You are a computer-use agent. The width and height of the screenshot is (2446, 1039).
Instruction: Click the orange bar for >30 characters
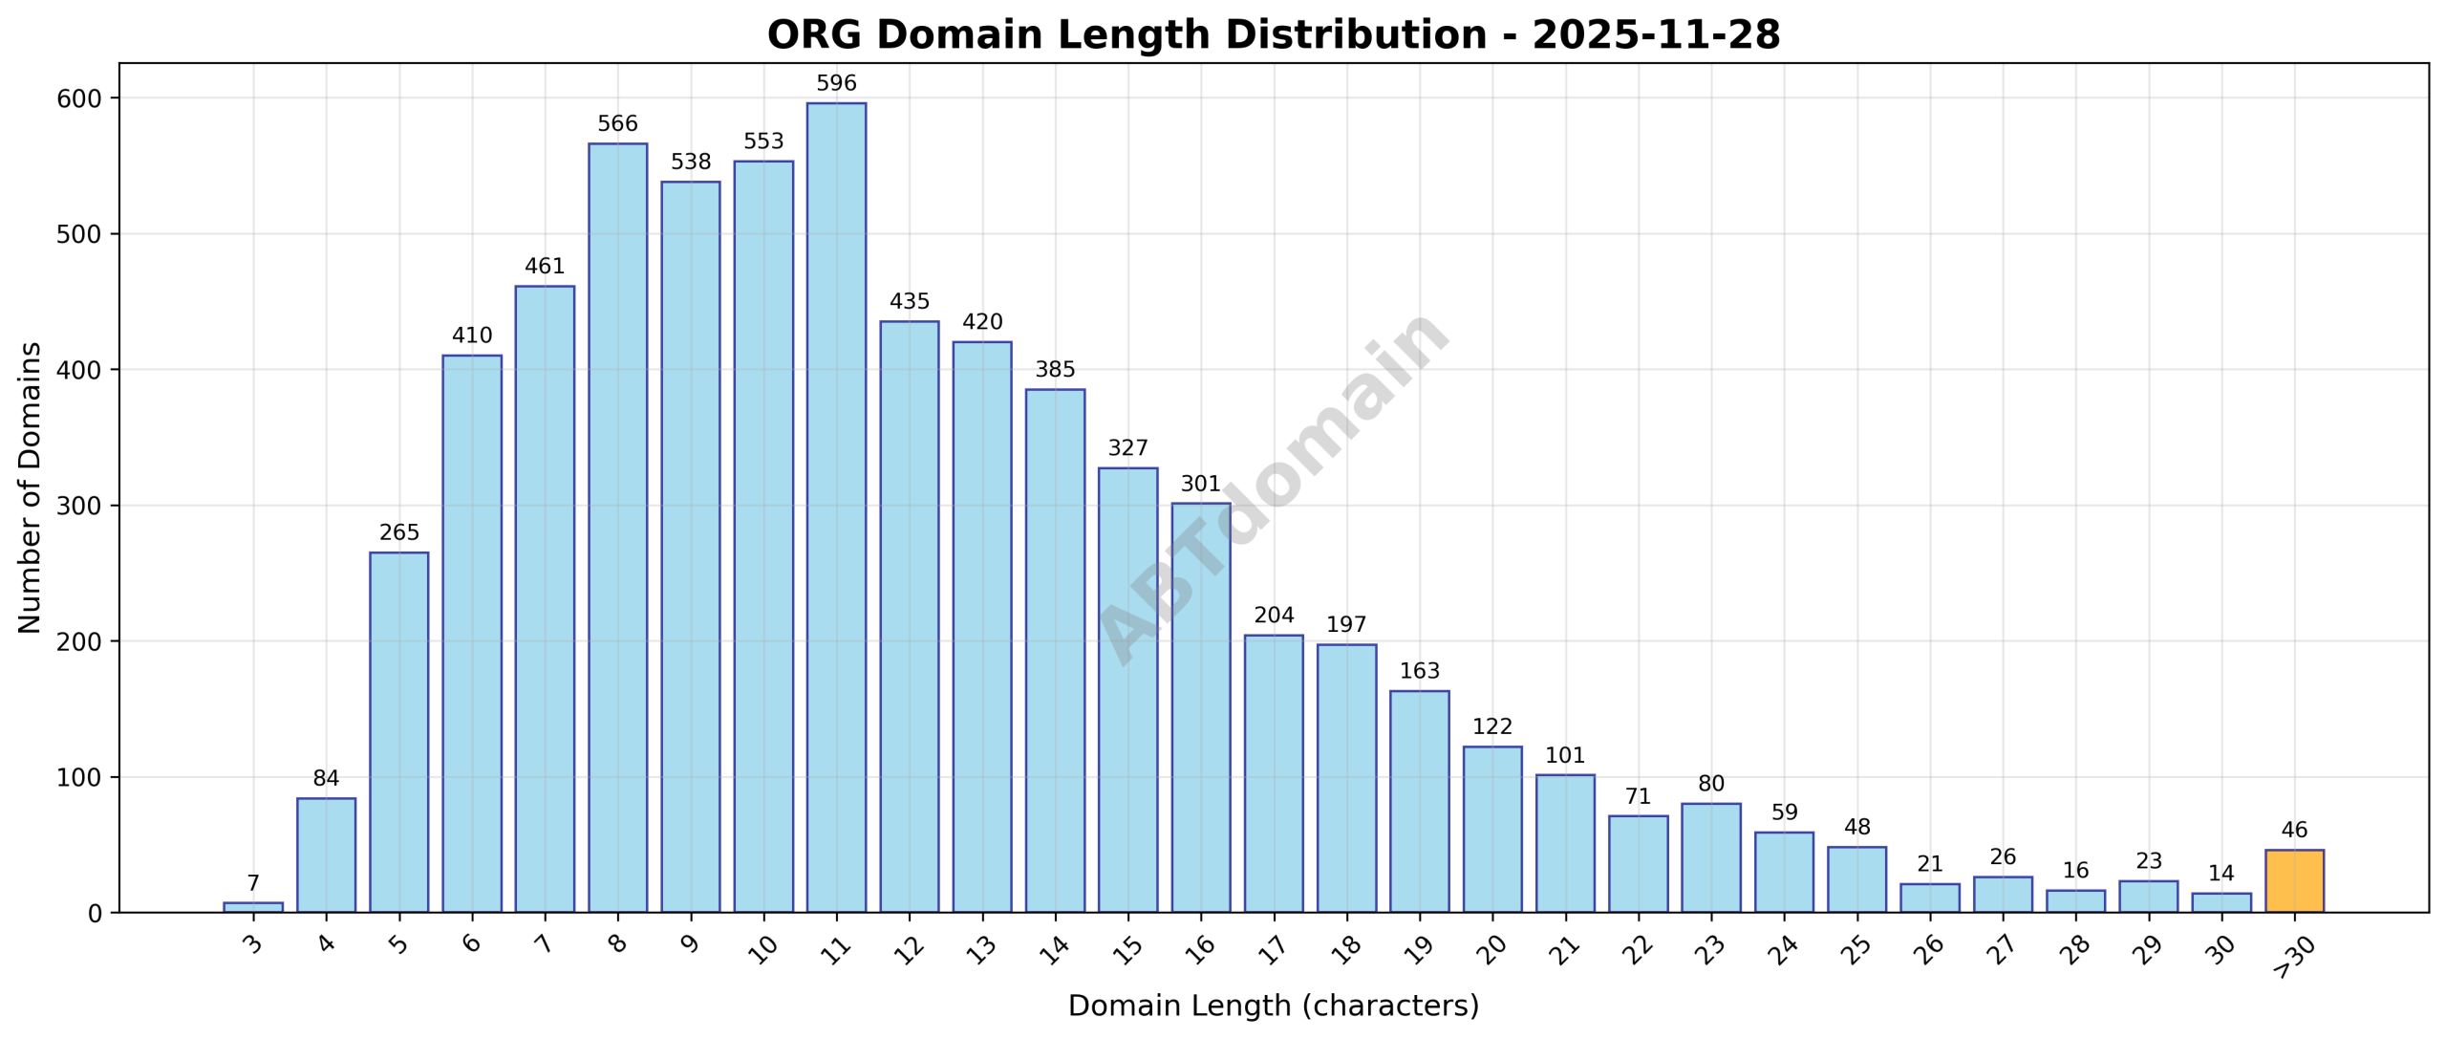pyautogui.click(x=2293, y=880)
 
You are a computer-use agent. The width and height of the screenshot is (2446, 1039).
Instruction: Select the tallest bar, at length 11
pyautogui.click(x=836, y=507)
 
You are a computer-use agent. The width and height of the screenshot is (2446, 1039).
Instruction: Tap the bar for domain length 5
pyautogui.click(x=398, y=731)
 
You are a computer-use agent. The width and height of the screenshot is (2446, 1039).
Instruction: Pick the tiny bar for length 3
pyautogui.click(x=253, y=907)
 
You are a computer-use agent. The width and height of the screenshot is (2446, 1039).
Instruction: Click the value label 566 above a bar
pyautogui.click(x=617, y=124)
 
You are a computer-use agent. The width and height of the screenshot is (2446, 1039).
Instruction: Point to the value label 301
pyautogui.click(x=1200, y=484)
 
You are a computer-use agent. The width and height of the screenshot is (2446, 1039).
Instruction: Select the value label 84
pyautogui.click(x=326, y=778)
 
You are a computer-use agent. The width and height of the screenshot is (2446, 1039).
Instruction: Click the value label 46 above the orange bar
pyautogui.click(x=2293, y=830)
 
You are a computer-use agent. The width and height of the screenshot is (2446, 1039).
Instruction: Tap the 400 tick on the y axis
pyautogui.click(x=80, y=370)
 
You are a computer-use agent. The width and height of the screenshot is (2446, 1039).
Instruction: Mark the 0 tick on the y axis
pyautogui.click(x=94, y=914)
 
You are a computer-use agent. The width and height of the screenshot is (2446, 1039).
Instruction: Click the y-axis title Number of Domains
pyautogui.click(x=30, y=487)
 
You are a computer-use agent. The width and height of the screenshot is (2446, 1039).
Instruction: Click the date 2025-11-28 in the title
pyautogui.click(x=1655, y=35)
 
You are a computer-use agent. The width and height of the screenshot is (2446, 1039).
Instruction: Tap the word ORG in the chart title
pyautogui.click(x=815, y=35)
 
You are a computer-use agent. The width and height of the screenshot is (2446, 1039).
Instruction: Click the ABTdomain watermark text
pyautogui.click(x=1273, y=487)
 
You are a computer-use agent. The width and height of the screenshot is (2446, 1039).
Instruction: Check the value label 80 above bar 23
pyautogui.click(x=1710, y=784)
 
